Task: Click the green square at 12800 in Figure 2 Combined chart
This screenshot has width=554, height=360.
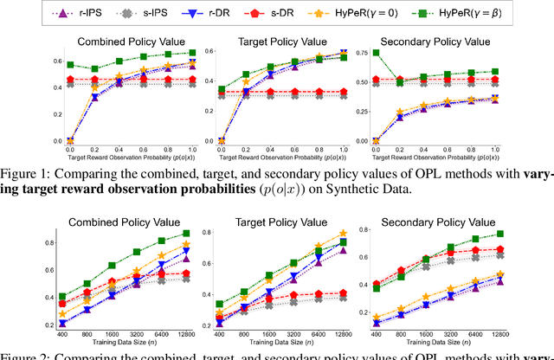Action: [186, 234]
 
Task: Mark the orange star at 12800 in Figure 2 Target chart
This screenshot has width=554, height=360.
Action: [367, 233]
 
